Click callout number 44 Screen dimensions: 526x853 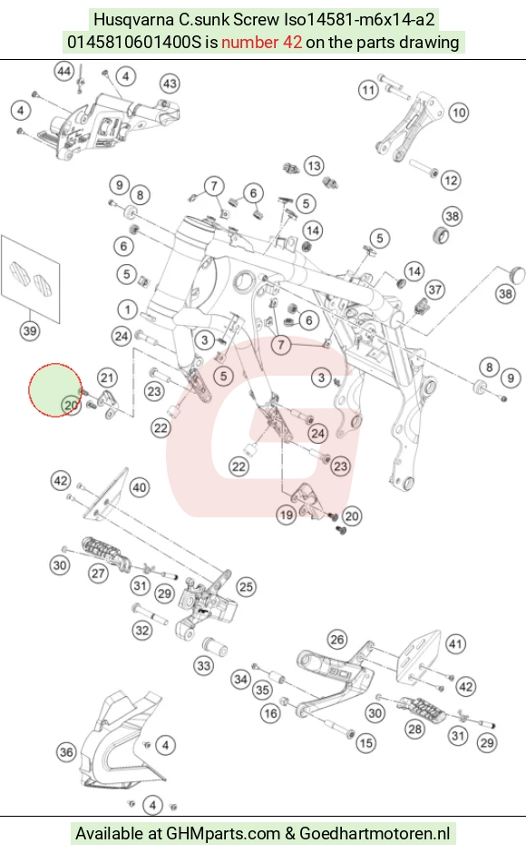point(64,72)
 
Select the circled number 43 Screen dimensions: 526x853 point(170,83)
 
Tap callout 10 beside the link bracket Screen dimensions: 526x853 point(459,113)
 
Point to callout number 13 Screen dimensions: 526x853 point(313,165)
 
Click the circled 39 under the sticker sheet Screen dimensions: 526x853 point(29,330)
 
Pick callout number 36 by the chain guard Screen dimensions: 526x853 point(66,751)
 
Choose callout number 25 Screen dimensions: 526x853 point(246,587)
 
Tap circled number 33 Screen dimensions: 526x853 point(203,665)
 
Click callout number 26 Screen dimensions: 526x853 point(337,639)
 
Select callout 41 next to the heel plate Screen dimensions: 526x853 point(455,644)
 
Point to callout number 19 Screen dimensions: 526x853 point(286,515)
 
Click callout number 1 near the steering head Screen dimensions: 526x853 point(127,310)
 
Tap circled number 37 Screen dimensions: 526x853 point(434,289)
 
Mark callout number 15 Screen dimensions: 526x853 point(365,742)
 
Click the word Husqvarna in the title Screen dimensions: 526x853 point(133,20)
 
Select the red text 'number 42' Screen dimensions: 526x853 point(262,42)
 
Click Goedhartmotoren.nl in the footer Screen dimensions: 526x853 point(375,833)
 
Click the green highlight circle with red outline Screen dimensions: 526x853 point(55,390)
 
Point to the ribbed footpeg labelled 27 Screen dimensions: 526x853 point(105,554)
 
